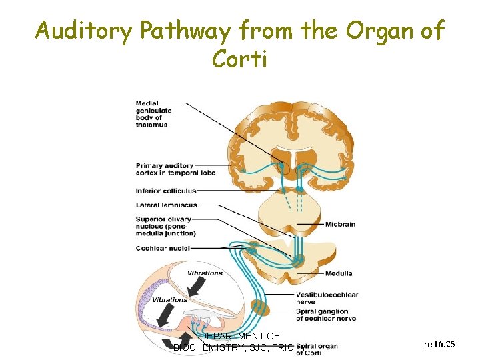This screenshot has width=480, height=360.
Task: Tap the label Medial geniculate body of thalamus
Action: tap(153, 114)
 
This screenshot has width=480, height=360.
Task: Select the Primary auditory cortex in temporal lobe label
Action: tap(165, 169)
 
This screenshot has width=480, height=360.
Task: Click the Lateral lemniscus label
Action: tap(166, 205)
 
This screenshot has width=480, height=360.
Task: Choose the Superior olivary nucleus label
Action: tap(165, 226)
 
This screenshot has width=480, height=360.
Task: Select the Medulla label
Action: tap(339, 274)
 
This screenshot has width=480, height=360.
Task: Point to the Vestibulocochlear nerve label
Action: tap(327, 298)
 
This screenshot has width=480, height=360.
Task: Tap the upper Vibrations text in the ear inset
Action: tap(204, 273)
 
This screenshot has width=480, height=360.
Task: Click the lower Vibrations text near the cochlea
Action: tap(169, 300)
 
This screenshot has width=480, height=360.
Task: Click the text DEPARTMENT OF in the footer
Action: tap(239, 336)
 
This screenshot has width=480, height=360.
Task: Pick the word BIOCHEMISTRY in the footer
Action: tap(203, 347)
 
